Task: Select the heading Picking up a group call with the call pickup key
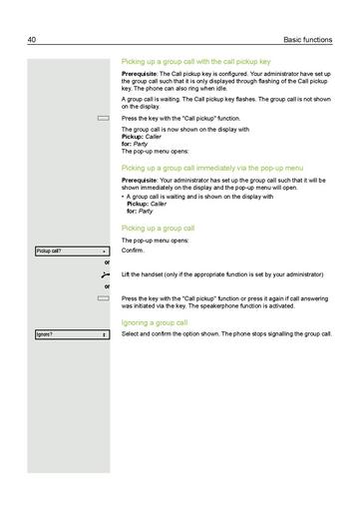(193, 62)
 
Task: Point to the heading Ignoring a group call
(154, 323)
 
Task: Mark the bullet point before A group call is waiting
(123, 197)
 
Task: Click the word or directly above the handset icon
(107, 261)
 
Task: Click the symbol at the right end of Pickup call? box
(106, 251)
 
